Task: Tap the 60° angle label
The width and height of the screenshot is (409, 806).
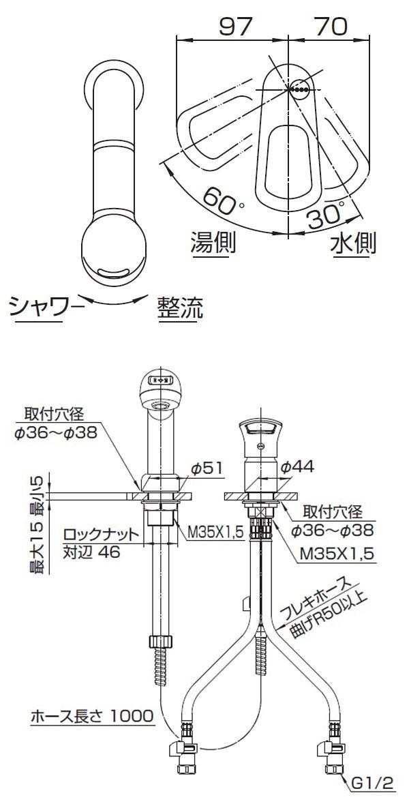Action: click(x=218, y=202)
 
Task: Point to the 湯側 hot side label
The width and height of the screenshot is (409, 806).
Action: click(x=213, y=241)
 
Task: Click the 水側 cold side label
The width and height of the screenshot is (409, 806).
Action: click(x=354, y=242)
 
